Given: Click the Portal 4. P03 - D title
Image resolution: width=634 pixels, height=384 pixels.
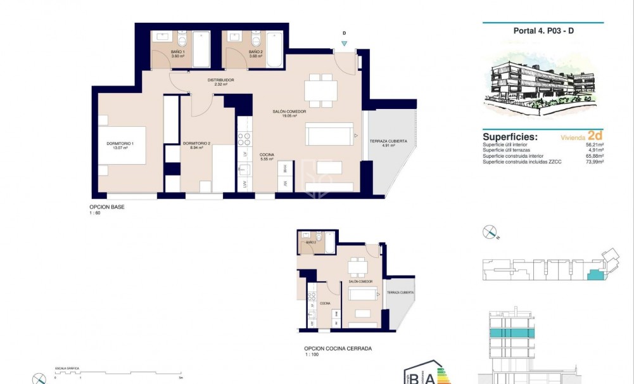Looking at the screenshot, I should click(543, 30).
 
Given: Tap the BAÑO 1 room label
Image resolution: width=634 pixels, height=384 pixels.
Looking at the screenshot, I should click(177, 54).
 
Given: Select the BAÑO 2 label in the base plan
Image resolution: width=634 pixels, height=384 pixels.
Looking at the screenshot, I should click(255, 54).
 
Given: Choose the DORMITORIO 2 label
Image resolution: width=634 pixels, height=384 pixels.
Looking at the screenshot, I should click(196, 146).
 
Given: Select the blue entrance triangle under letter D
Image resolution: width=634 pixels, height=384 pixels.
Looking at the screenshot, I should click(344, 44).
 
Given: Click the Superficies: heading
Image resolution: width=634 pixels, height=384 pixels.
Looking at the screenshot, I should click(510, 137).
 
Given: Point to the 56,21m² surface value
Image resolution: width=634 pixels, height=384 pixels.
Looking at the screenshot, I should click(593, 144).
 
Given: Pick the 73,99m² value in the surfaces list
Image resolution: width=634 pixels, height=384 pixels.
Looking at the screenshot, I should click(593, 162).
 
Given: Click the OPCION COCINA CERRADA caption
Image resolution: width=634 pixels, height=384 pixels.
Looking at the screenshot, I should click(338, 349).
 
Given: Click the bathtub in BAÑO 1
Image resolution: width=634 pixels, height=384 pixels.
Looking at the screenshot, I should click(201, 49).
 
